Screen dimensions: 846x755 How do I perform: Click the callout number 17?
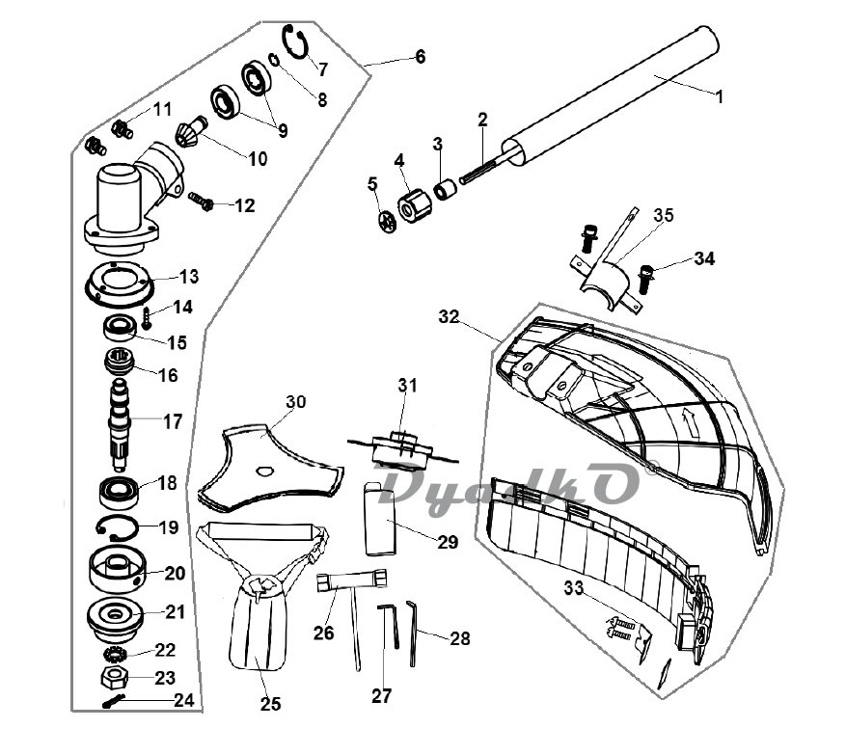pyautogui.click(x=173, y=421)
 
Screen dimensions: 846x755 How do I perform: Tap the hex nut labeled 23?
pyautogui.click(x=114, y=677)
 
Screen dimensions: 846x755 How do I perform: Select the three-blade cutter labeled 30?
pyautogui.click(x=270, y=470)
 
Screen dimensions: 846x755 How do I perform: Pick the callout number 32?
pyautogui.click(x=449, y=316)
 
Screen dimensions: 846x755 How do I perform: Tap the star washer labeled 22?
pyautogui.click(x=115, y=654)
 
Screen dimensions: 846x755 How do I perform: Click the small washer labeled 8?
pyautogui.click(x=274, y=60)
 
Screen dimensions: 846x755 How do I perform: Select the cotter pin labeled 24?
pyautogui.click(x=113, y=702)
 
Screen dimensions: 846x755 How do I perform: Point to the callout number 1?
pyautogui.click(x=719, y=97)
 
